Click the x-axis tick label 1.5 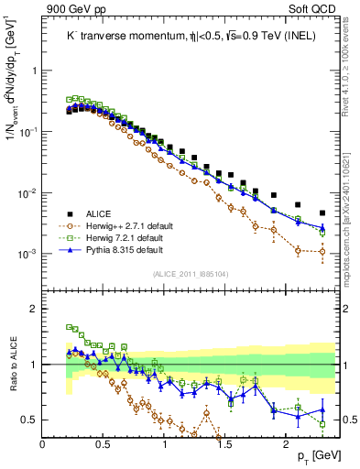(225, 443)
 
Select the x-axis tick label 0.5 (104, 443)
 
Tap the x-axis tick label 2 (286, 443)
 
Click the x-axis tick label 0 (43, 443)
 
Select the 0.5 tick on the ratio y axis (31, 420)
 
